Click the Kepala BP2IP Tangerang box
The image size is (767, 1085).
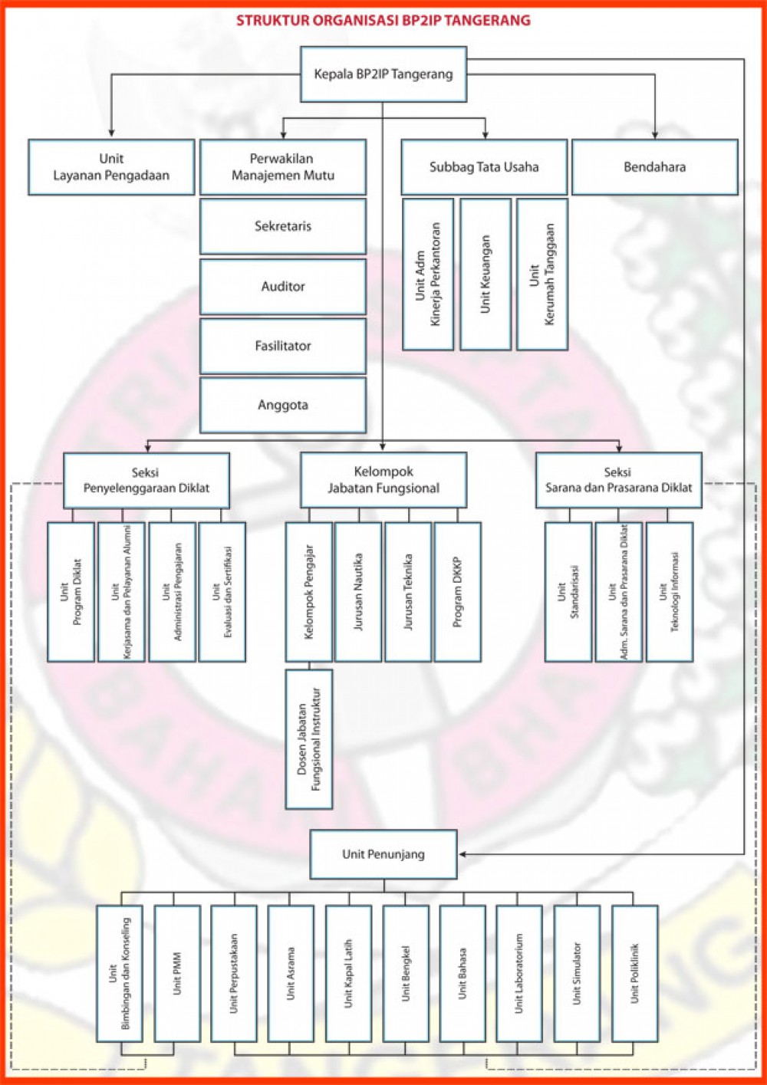tap(383, 74)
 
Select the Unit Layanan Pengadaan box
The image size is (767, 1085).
tap(111, 167)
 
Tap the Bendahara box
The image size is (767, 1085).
tap(654, 167)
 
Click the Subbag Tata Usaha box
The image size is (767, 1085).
tap(484, 167)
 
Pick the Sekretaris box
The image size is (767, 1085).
tap(283, 226)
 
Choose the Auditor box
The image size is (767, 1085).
tap(283, 286)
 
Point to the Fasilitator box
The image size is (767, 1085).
tap(283, 346)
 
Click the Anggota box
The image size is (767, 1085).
tap(283, 405)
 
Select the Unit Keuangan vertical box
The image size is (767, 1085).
tap(486, 274)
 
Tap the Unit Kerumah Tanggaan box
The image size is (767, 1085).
tap(542, 274)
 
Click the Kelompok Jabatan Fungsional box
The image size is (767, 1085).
tap(383, 480)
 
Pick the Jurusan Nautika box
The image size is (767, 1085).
tap(358, 591)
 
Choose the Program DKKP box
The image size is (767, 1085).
tap(458, 591)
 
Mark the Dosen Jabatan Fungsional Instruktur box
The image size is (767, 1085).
tap(309, 738)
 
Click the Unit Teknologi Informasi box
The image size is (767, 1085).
tap(670, 591)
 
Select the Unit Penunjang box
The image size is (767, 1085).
tap(383, 854)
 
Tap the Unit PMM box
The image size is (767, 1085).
tap(177, 973)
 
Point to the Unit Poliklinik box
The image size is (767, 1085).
tap(634, 973)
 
